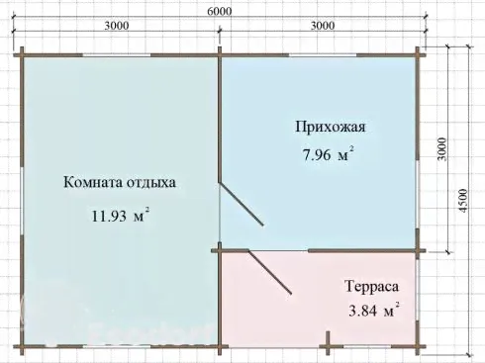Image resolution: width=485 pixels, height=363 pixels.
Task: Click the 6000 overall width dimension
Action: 220,11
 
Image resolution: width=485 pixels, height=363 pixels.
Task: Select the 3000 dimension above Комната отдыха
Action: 117,26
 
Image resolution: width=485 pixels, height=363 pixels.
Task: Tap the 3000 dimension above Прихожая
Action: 323,26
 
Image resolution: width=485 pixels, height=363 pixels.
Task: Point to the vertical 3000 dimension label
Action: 441,149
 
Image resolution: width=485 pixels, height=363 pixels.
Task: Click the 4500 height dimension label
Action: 463,201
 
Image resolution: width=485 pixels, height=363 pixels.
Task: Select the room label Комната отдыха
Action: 120,182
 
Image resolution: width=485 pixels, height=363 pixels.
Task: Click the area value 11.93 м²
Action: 120,215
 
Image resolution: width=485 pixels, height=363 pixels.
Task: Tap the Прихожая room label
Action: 331,127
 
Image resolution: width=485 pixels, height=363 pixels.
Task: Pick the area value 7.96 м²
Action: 329,153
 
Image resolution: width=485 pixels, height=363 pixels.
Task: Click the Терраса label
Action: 372,286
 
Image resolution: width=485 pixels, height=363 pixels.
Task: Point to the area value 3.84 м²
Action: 374,310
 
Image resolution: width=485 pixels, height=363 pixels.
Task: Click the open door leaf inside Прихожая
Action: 242,204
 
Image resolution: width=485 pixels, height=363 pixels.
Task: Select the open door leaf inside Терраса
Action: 270,272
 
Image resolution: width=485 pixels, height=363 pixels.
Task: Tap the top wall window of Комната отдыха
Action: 117,55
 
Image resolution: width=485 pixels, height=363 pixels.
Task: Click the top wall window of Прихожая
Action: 323,55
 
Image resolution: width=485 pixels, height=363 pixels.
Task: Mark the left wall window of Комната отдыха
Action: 22,201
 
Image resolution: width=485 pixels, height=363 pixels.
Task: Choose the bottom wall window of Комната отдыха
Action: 117,346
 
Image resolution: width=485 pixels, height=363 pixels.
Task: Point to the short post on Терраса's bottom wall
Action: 328,343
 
